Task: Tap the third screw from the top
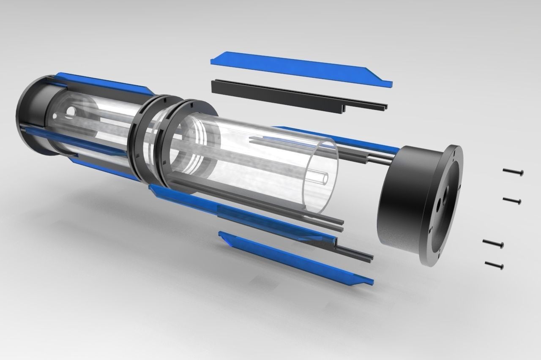pos(493,243)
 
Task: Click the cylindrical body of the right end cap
pos(399,199)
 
